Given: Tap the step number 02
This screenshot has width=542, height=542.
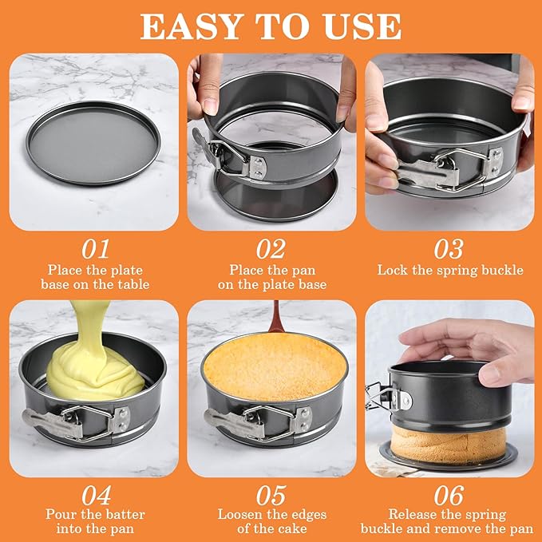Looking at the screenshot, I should [271, 247].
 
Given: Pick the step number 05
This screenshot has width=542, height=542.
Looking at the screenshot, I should [271, 494].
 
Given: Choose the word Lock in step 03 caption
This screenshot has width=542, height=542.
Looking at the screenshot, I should [393, 270].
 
